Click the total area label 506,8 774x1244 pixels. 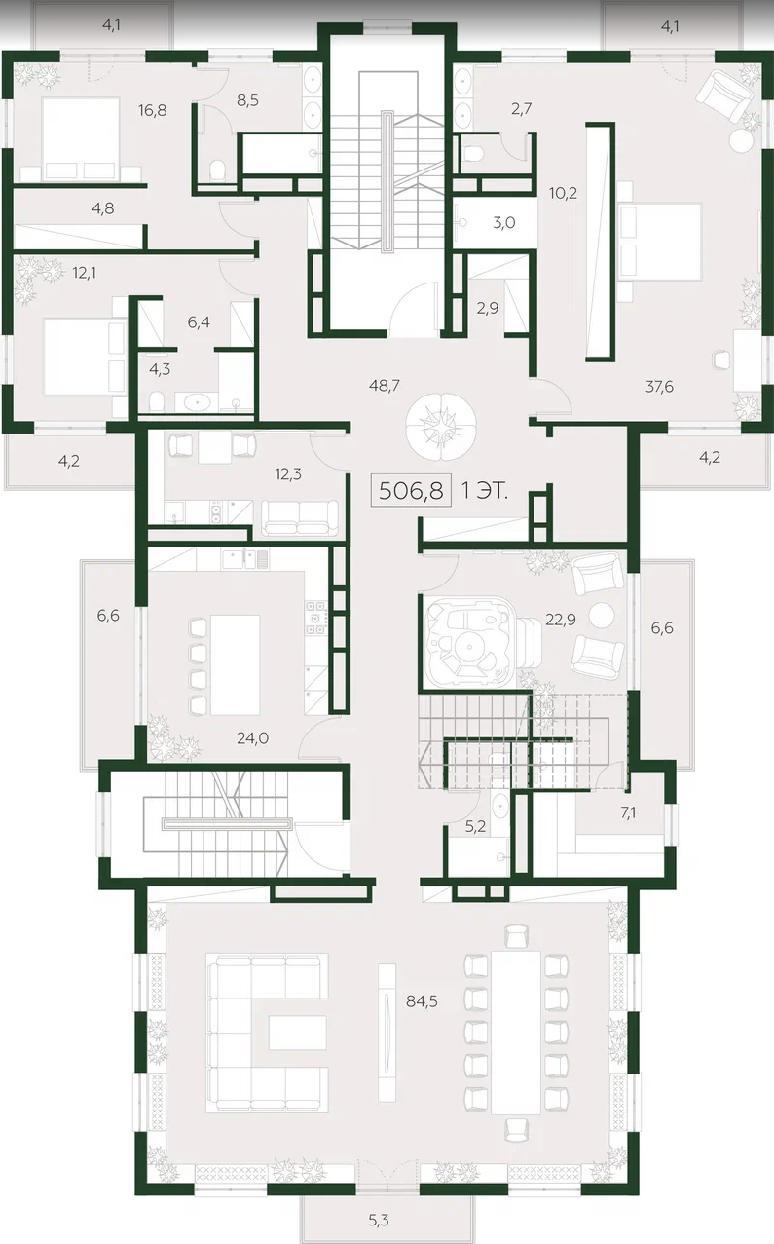411,490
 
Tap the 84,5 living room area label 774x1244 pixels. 422,1001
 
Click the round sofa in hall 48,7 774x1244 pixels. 440,426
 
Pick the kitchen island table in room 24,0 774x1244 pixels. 236,664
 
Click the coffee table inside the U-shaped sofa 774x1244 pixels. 297,1033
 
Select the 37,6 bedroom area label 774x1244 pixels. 659,387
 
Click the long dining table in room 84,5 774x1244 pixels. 516,1033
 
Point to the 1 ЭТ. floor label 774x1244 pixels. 485,491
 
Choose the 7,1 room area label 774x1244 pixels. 628,813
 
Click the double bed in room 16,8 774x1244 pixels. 81,138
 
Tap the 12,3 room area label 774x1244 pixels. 288,473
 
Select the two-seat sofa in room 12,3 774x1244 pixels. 299,517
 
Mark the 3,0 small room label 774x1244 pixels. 503,223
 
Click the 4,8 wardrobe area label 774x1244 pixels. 103,208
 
